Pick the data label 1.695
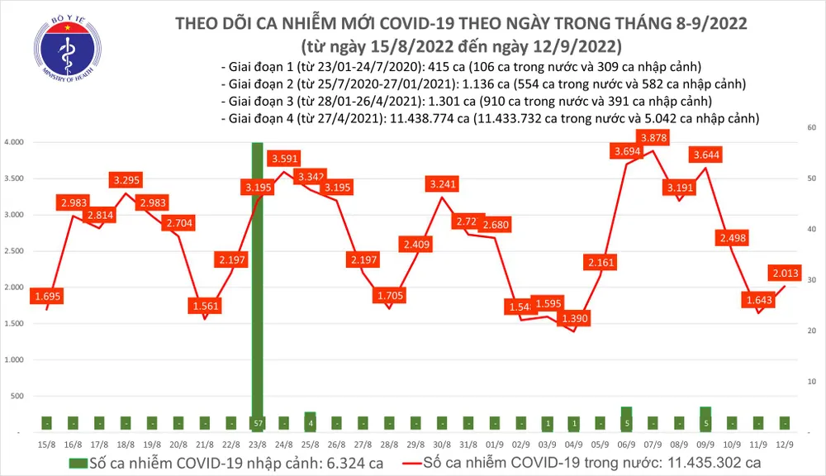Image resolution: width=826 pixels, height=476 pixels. tap(49, 295)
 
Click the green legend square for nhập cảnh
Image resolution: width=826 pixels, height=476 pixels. tap(77, 462)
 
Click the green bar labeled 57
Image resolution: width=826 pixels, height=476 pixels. tap(257, 423)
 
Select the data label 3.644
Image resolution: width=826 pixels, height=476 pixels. tap(710, 154)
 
